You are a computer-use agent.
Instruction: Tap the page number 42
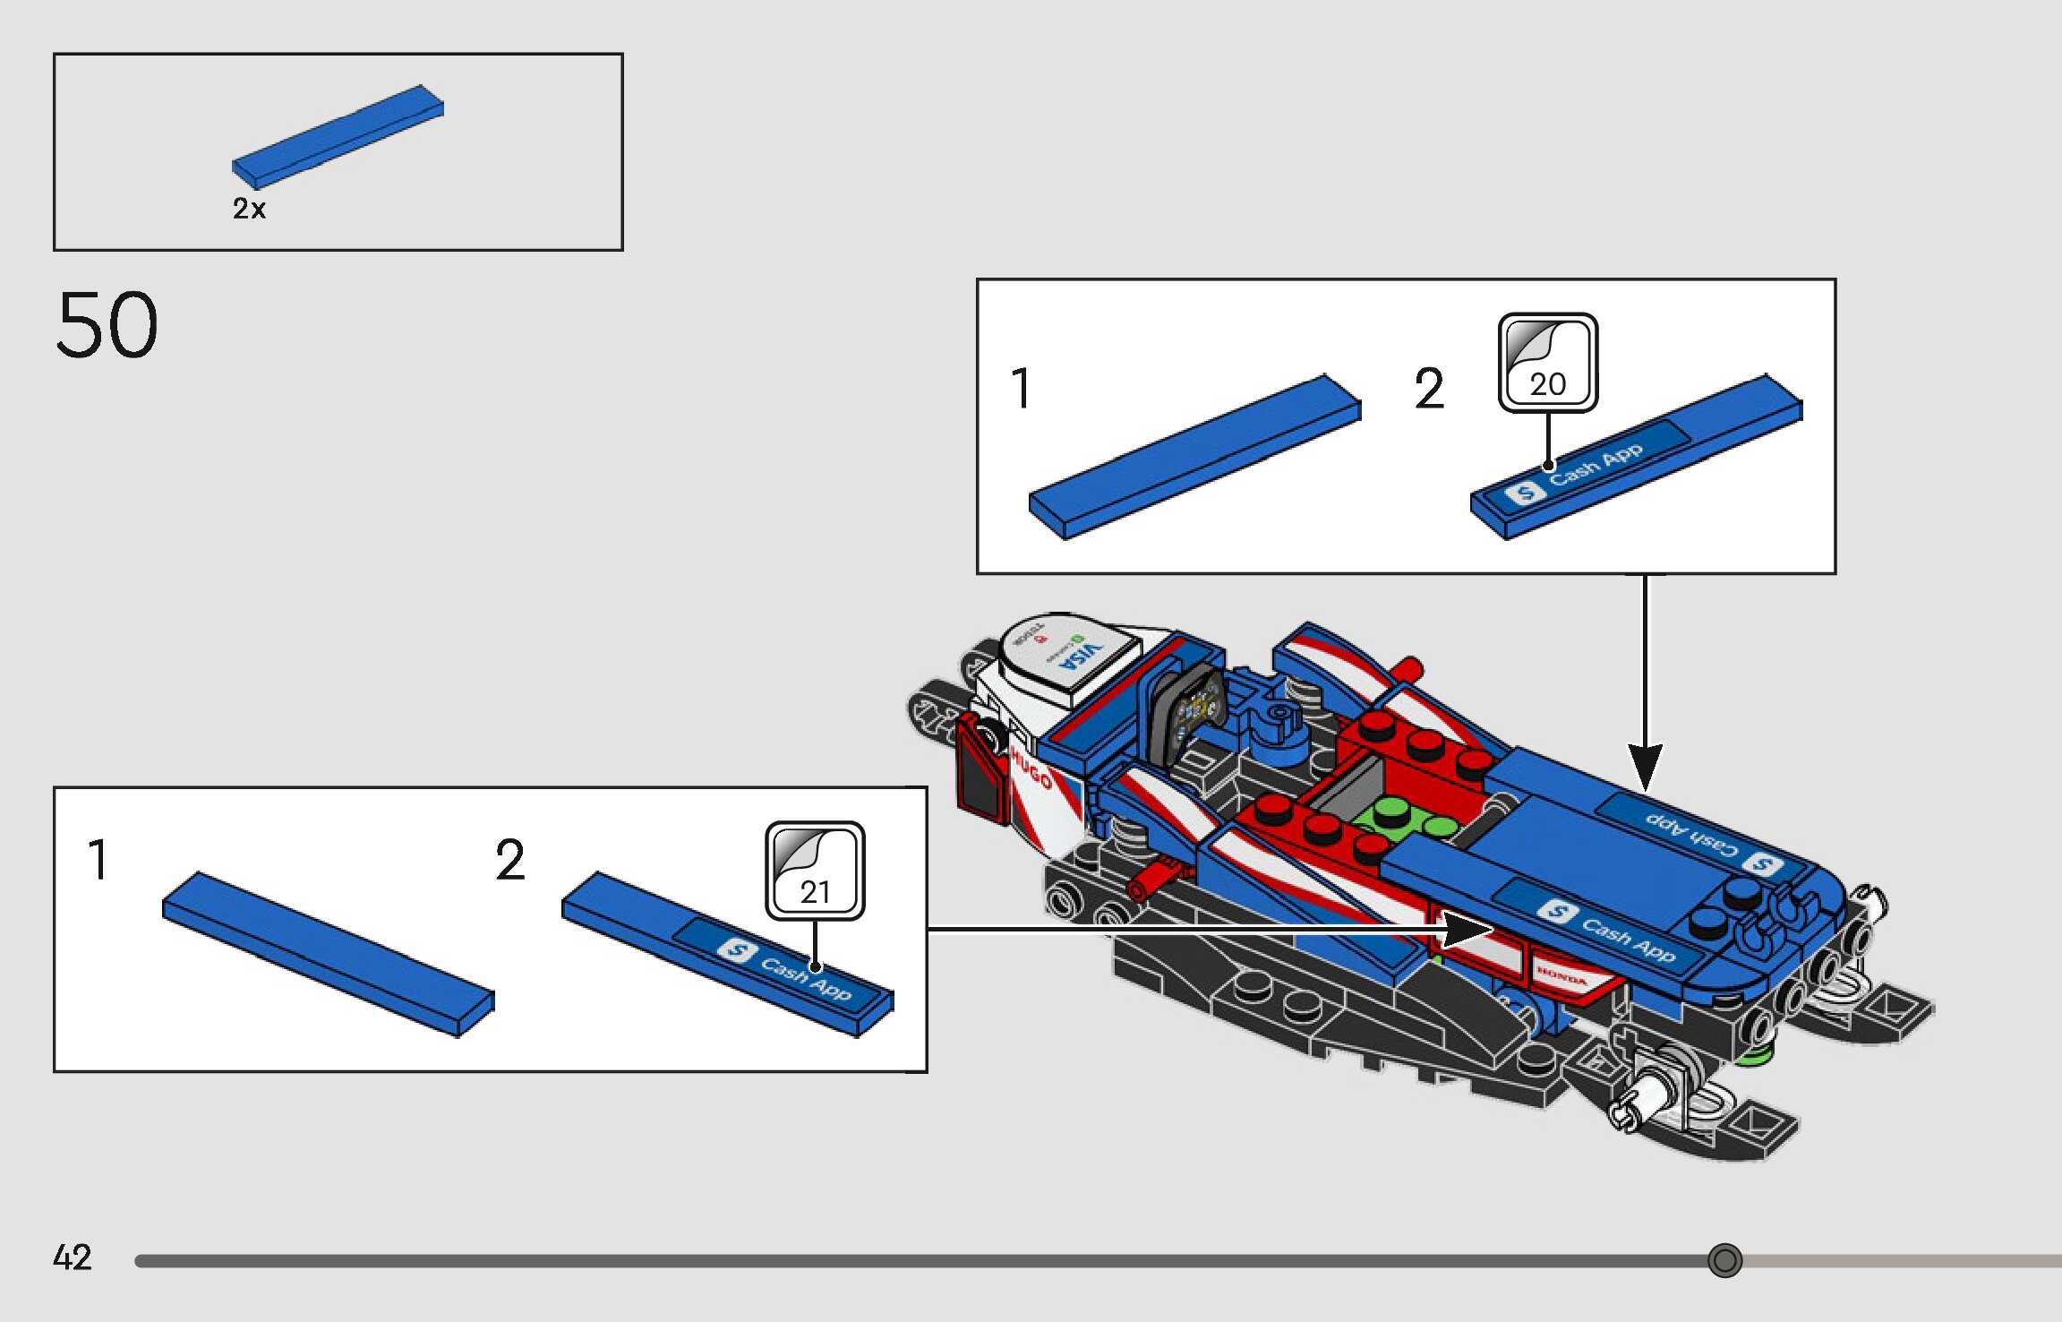72,1258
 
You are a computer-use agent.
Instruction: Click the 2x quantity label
249,209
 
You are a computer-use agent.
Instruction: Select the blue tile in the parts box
338,136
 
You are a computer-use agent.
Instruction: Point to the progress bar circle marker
1724,1260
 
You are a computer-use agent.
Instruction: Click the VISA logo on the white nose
1079,659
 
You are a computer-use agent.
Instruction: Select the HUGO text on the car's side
1031,769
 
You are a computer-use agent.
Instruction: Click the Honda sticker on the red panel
1561,974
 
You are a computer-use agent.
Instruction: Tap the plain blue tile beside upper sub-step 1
1195,457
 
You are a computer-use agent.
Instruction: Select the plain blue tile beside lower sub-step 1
329,953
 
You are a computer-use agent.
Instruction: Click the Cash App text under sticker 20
1596,464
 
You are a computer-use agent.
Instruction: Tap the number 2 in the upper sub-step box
1429,390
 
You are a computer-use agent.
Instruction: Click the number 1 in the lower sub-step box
98,860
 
